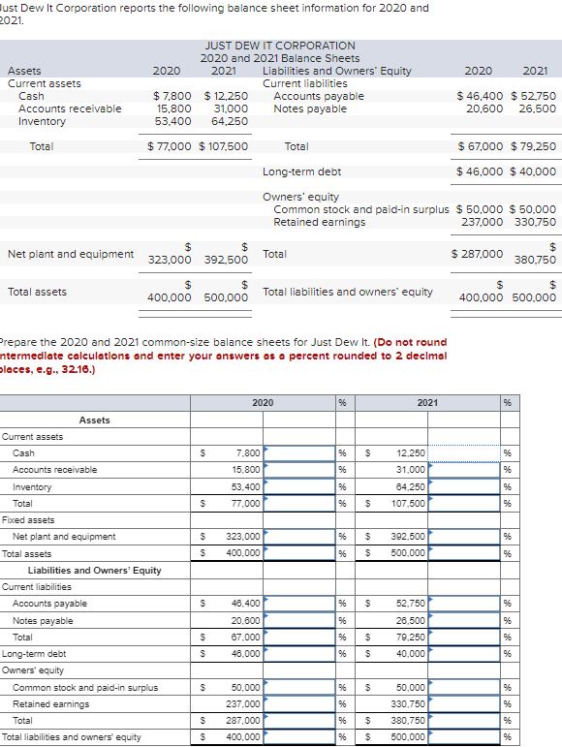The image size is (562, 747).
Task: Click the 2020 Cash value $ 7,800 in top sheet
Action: [172, 96]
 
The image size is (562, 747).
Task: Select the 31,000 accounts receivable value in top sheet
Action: [230, 109]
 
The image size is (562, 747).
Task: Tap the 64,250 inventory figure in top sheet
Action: [230, 121]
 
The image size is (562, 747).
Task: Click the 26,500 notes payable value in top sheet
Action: [537, 109]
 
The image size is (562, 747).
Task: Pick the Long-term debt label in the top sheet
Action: [301, 171]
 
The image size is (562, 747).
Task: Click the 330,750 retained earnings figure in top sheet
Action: [537, 222]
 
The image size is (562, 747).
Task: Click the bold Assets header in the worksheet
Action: [94, 420]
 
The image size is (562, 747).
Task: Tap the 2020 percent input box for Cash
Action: [297, 452]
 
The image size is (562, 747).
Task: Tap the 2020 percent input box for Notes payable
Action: [297, 620]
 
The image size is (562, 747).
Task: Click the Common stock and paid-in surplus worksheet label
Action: [84, 687]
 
